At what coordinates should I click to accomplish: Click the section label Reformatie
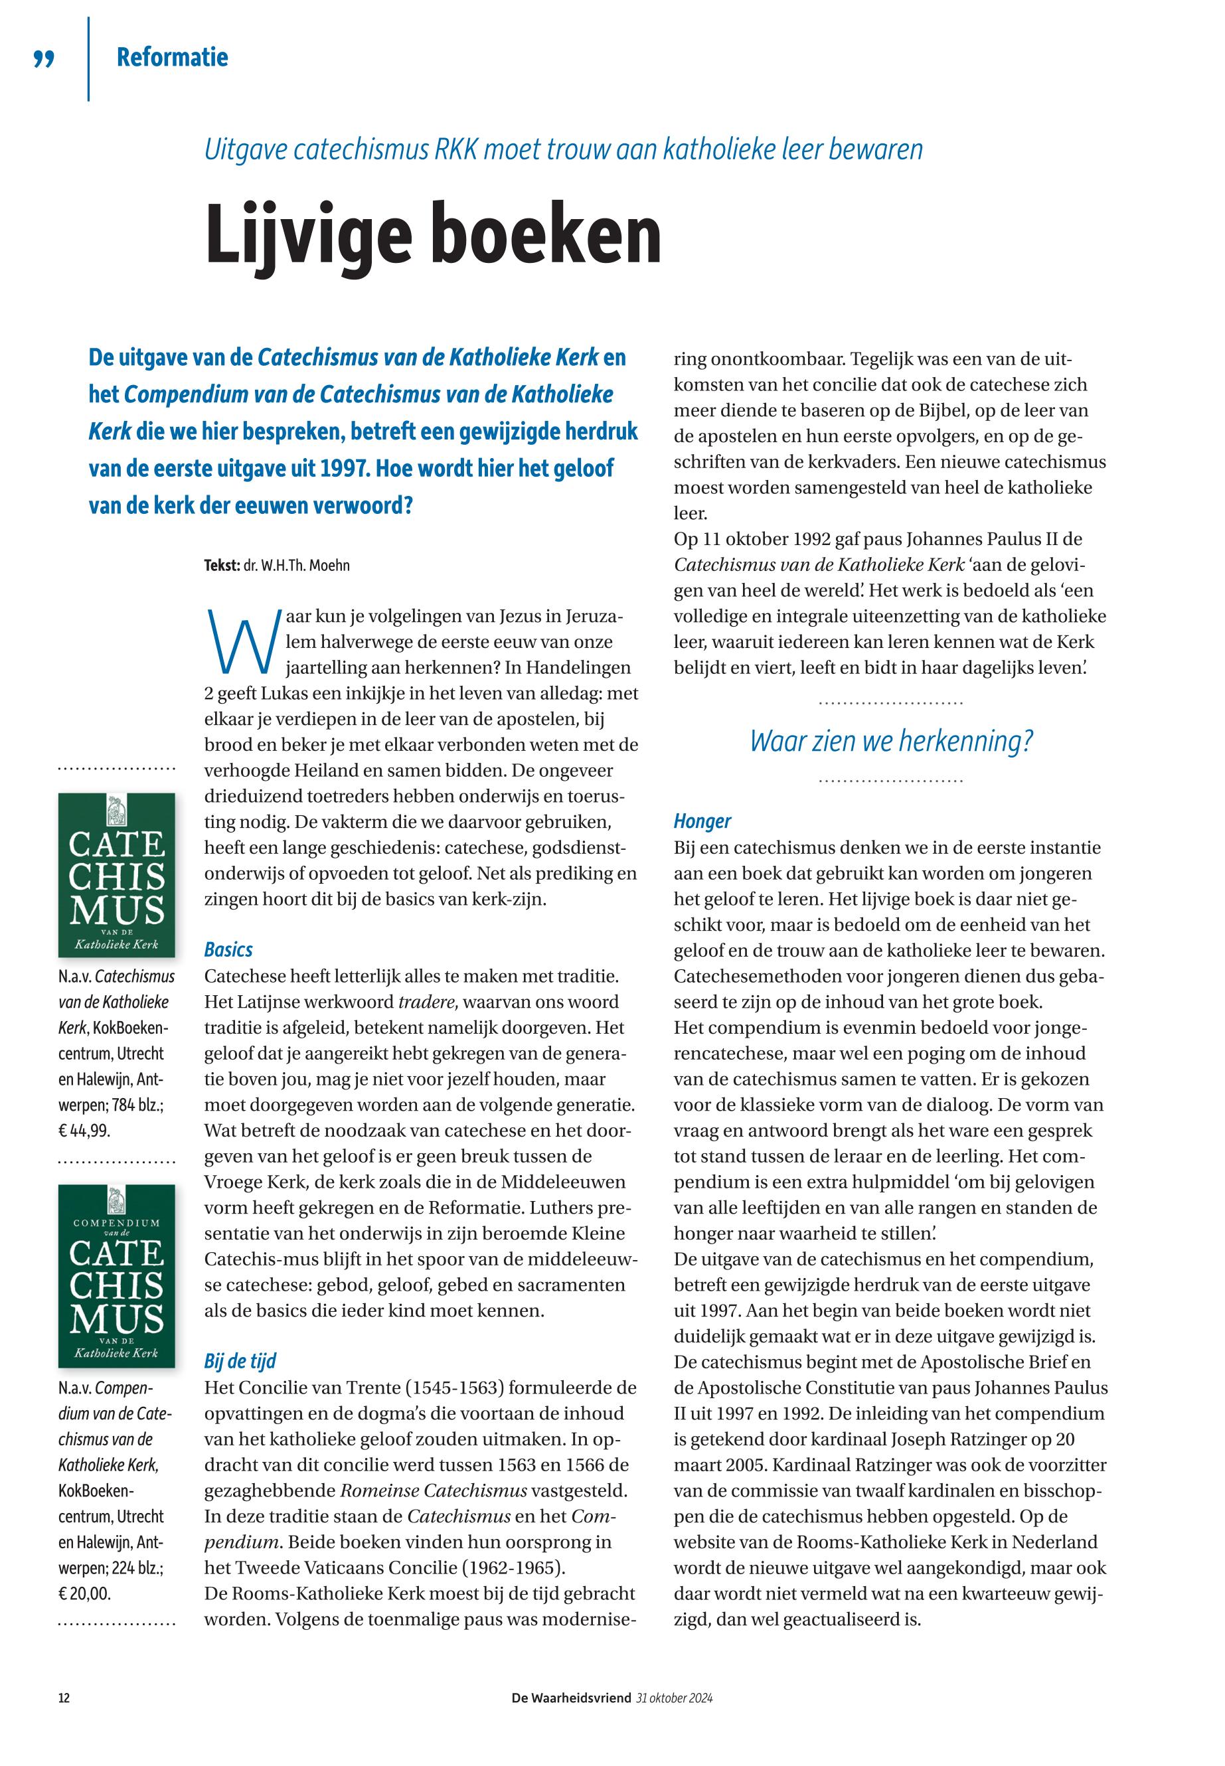coord(172,58)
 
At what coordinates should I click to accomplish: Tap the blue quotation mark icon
coord(45,59)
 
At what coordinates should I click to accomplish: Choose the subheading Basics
coord(228,949)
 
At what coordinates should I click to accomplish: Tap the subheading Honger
coord(702,821)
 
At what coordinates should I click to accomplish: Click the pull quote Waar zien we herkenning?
coord(891,741)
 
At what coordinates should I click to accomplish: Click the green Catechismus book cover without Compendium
coord(117,874)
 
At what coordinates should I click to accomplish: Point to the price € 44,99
coord(84,1131)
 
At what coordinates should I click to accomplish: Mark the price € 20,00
coord(84,1593)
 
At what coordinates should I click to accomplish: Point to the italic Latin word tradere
coord(428,1003)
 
